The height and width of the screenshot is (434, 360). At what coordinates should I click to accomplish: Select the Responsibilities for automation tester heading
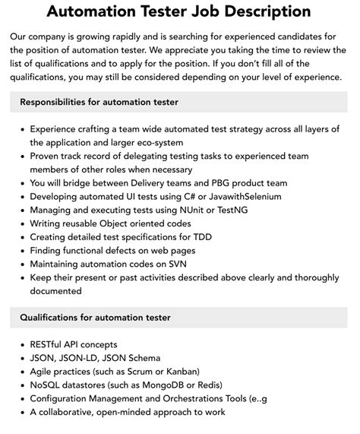[x=99, y=101]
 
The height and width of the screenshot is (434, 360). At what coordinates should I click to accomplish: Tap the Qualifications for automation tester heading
[x=95, y=317]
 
